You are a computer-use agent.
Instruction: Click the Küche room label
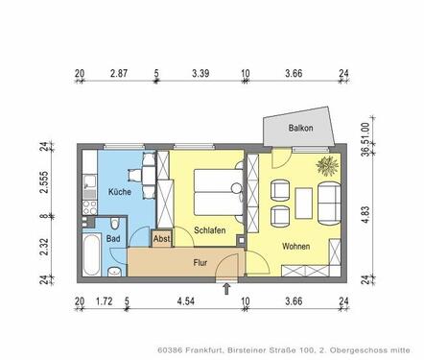point(120,193)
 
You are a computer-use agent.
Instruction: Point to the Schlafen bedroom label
point(208,230)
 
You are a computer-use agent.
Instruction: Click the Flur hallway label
point(200,261)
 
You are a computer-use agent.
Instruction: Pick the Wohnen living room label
point(296,247)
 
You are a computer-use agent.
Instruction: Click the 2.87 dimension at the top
point(119,73)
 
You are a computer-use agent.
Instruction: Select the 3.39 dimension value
point(200,73)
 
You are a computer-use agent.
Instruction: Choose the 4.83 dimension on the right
point(364,213)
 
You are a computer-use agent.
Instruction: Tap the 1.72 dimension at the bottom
point(104,302)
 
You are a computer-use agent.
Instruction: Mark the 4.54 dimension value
point(186,302)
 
